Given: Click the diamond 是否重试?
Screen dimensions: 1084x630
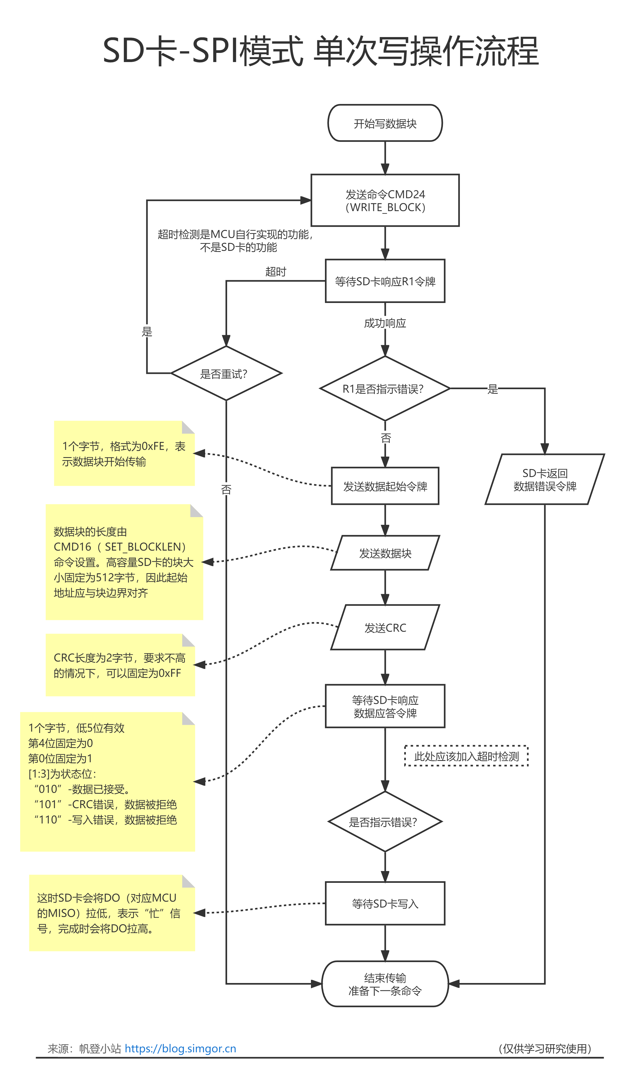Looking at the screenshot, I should click(x=226, y=373).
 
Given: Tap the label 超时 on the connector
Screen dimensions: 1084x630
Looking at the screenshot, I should click(x=275, y=272).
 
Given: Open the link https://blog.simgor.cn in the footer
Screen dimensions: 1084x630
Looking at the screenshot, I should click(x=180, y=1048).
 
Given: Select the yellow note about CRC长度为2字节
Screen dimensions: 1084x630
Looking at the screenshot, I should click(x=120, y=665).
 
